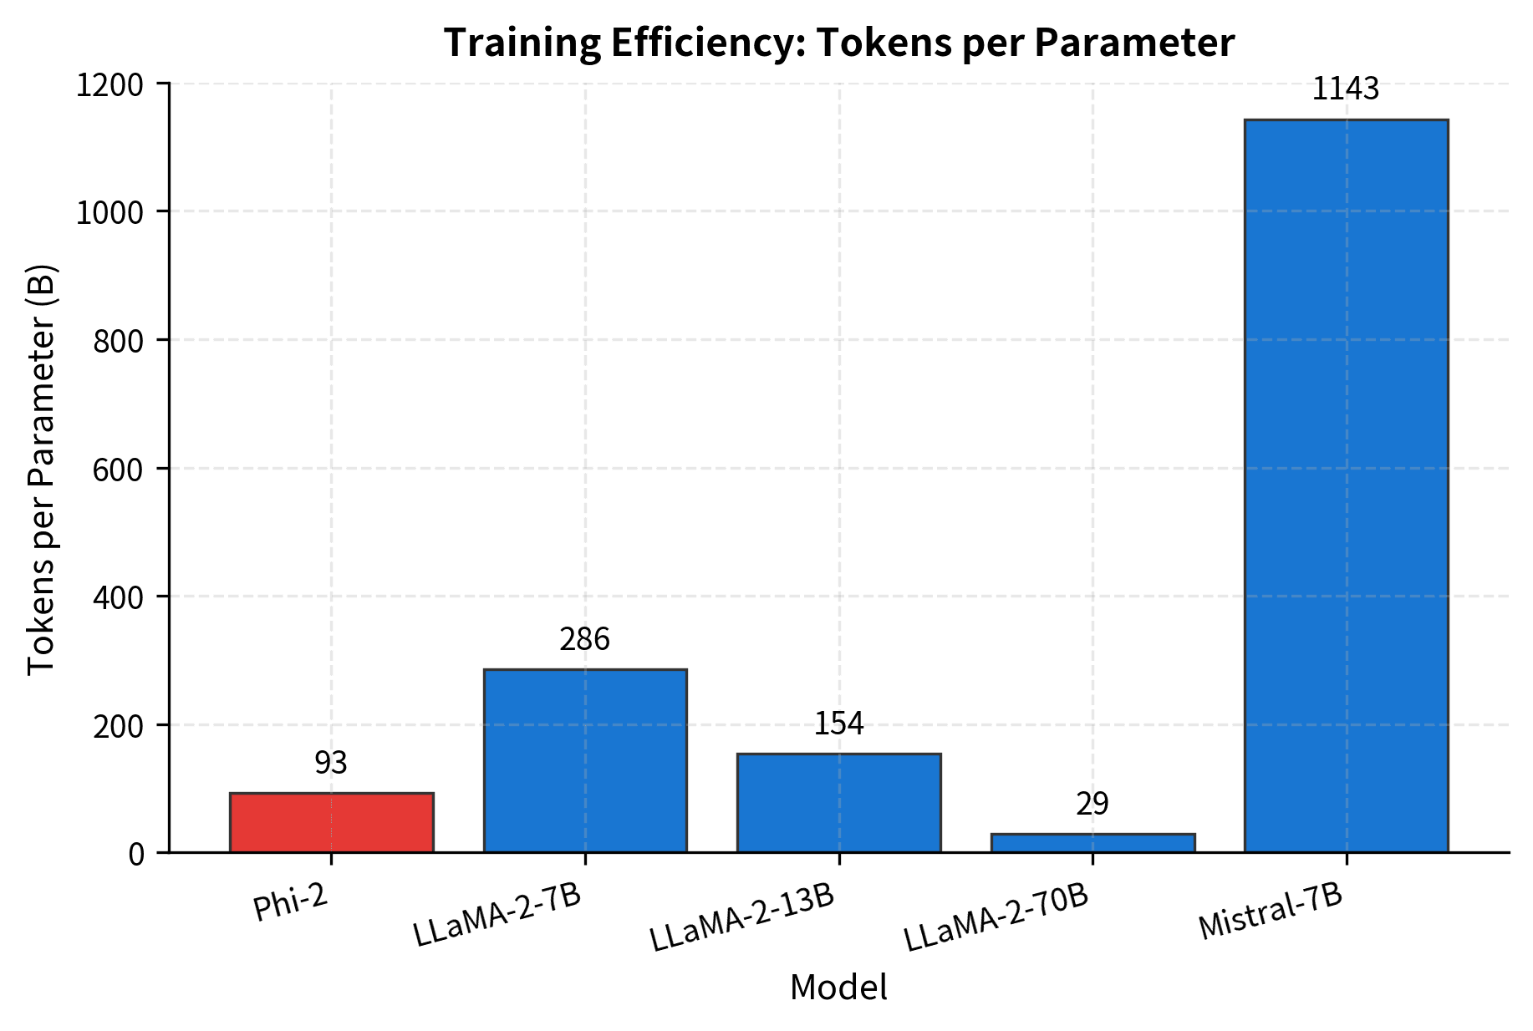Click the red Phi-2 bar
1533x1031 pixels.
(x=331, y=822)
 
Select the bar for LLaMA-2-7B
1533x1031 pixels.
(x=585, y=760)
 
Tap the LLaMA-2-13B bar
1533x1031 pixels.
(x=838, y=802)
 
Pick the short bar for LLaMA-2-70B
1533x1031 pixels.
(x=1092, y=843)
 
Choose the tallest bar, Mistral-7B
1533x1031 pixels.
(x=1346, y=485)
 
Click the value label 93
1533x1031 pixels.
(x=331, y=763)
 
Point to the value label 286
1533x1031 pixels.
(x=585, y=640)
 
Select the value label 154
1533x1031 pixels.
(x=838, y=724)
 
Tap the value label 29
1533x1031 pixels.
(x=1092, y=805)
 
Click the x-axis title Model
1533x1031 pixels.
(x=838, y=988)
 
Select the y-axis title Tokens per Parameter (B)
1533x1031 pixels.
(x=42, y=469)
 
